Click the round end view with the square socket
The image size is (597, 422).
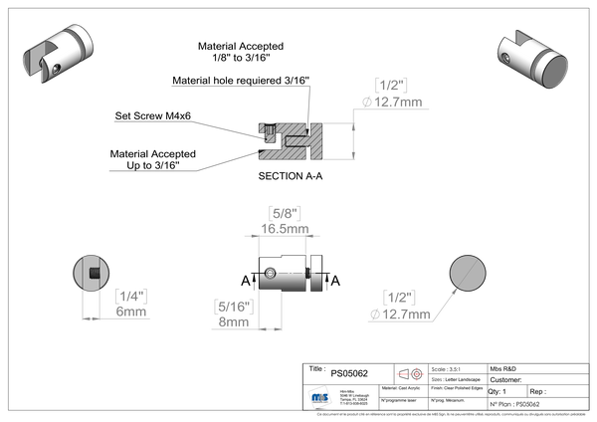(93, 271)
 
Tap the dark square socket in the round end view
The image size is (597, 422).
(93, 271)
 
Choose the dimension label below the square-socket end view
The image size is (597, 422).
(130, 302)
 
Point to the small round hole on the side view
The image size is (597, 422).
(270, 273)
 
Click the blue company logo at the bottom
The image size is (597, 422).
(319, 395)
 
